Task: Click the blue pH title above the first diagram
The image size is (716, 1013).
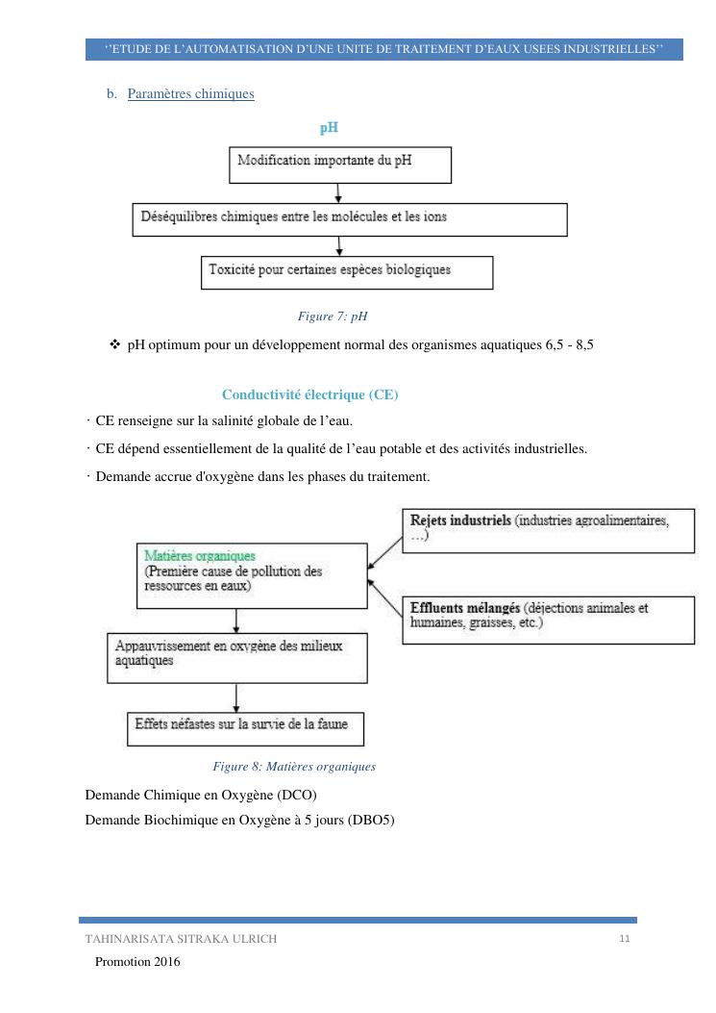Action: click(x=329, y=127)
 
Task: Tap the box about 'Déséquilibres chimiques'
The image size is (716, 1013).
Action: click(x=349, y=218)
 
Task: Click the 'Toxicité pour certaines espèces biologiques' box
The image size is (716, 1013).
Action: click(x=347, y=271)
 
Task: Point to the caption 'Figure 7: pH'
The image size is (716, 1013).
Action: click(x=333, y=316)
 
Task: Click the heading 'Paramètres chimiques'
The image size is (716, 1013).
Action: click(x=190, y=94)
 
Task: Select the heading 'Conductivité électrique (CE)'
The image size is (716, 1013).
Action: click(x=309, y=395)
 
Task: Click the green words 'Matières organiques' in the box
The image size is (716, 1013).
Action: click(x=200, y=556)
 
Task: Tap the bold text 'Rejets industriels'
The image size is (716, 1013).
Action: click(x=460, y=520)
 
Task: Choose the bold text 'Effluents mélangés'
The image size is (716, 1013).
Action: click(x=465, y=608)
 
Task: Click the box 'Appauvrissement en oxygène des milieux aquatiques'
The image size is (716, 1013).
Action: click(x=235, y=655)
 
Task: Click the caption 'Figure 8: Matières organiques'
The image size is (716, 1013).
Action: click(x=294, y=767)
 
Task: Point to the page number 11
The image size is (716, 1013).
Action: click(x=624, y=938)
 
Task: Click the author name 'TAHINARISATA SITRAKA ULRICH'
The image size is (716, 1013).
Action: click(x=181, y=940)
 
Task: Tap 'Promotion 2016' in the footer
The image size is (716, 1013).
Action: click(x=137, y=962)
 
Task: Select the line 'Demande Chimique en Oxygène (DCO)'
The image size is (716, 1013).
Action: click(x=201, y=795)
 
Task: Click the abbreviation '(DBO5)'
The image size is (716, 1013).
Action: click(x=375, y=820)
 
